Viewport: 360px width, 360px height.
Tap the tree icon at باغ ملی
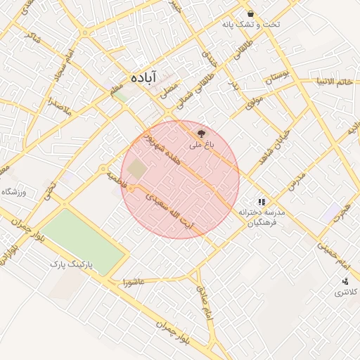coord(201,132)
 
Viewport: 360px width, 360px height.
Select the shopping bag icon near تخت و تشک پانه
coord(250,14)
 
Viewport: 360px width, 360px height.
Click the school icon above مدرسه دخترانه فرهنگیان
coord(262,202)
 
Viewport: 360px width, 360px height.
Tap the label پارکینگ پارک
coord(71,264)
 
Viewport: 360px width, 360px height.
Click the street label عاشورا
coord(133,283)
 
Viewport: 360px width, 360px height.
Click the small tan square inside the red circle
coord(138,169)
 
